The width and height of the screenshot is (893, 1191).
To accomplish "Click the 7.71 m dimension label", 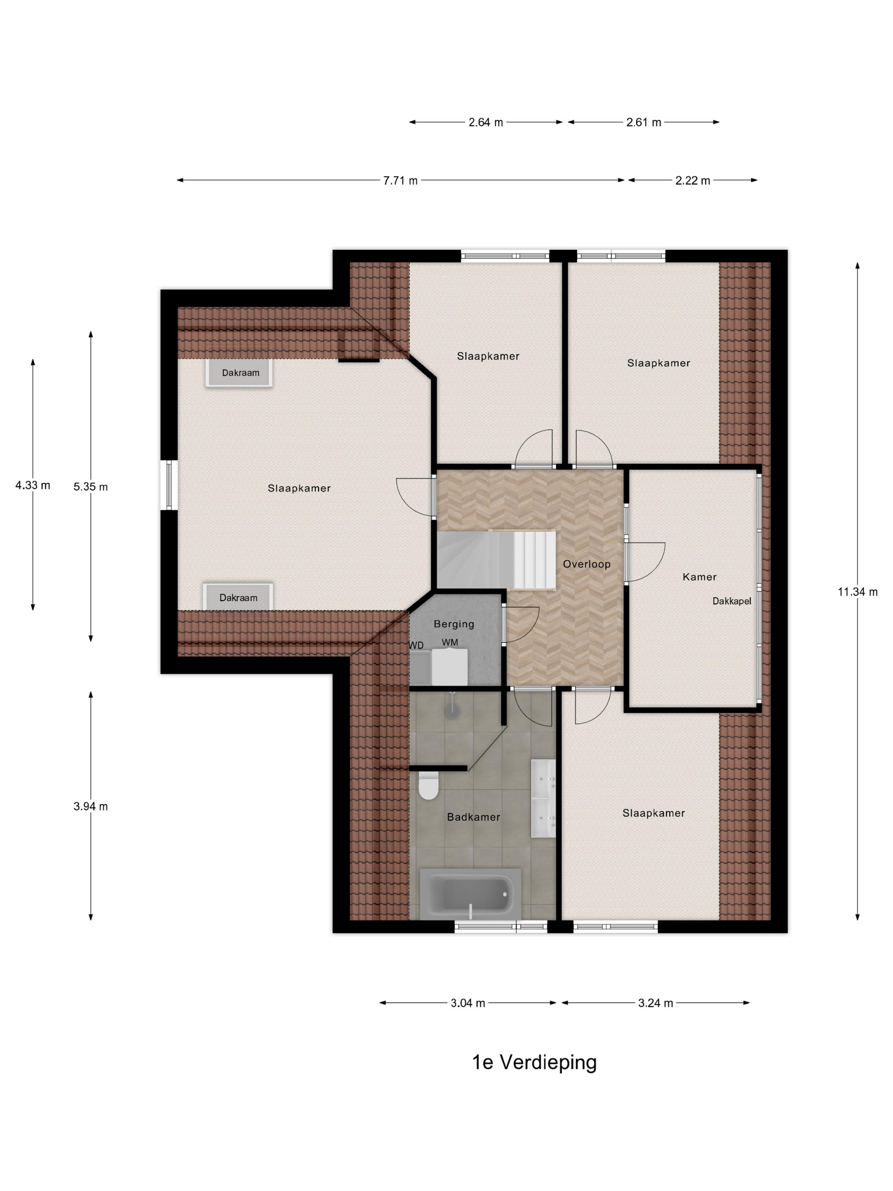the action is coord(400,180).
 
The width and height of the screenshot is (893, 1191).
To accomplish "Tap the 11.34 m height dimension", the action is coord(857,592).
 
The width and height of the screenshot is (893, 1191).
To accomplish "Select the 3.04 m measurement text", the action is coord(468,1003).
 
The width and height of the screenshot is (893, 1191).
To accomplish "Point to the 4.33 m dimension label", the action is coord(33,485).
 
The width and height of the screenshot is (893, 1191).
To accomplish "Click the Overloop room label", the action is coord(587,564).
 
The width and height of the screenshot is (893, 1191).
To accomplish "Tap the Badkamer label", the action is coord(474,817).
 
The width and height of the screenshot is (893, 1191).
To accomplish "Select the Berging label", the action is coord(454,624).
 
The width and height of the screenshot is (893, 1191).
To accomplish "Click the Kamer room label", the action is coord(699,577).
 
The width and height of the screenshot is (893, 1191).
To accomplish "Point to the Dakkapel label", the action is coord(731,601).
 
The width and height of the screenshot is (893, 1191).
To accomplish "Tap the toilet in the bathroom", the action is coord(429,786).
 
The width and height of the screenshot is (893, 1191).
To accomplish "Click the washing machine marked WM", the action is coord(449,667).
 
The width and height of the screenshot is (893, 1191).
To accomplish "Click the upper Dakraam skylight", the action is coord(239,373).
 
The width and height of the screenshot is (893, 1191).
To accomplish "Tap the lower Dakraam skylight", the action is coord(238,597).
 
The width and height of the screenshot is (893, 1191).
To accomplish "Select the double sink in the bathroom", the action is coord(543,798).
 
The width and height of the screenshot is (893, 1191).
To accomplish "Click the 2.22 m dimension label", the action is coord(692,180).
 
